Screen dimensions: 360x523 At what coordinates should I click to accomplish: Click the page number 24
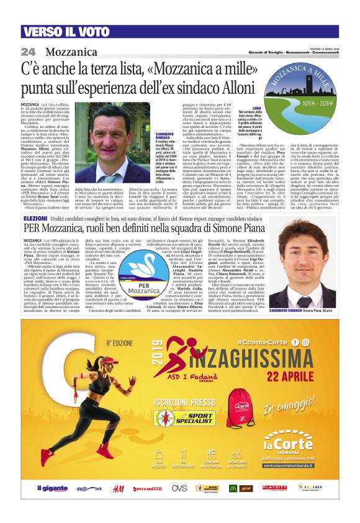coord(28,51)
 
